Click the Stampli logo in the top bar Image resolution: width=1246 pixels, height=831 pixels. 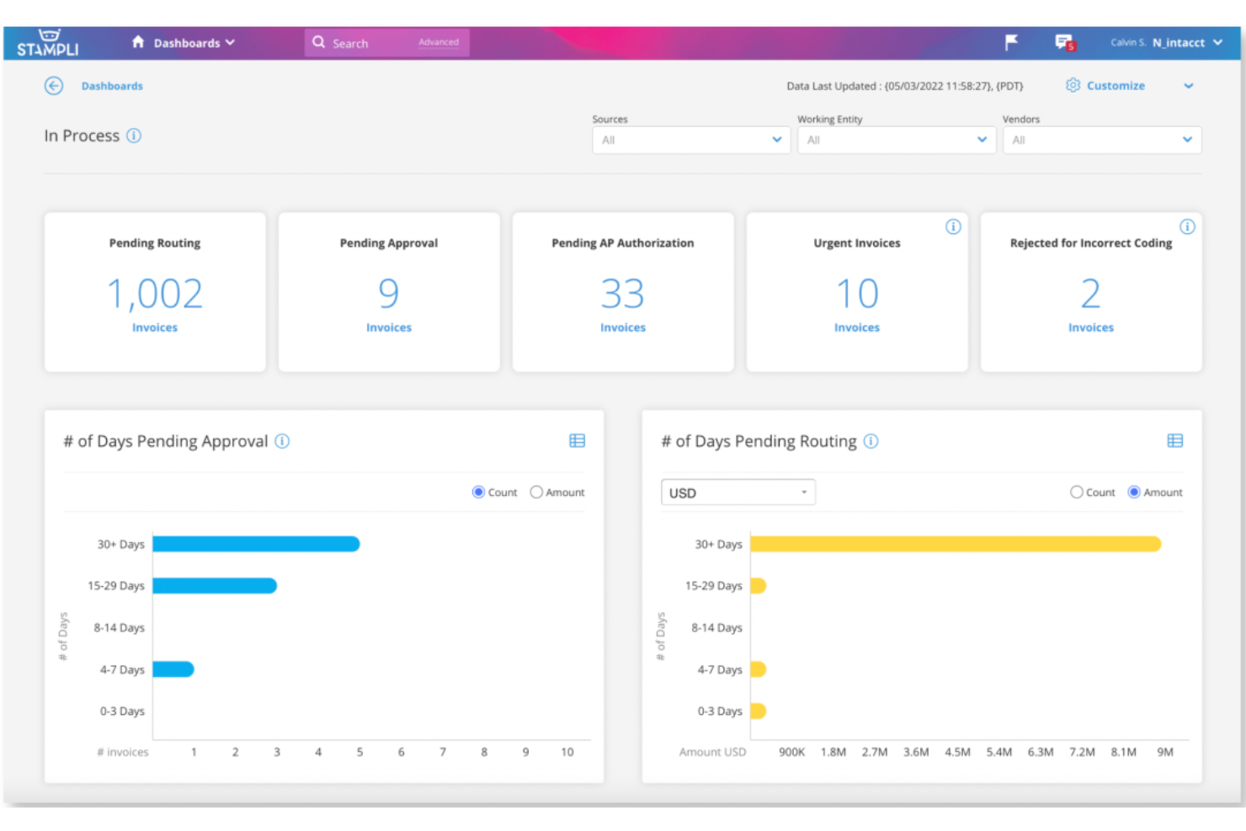point(48,43)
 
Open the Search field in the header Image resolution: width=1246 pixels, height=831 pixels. point(362,43)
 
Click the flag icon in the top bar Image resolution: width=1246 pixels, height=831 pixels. point(1011,42)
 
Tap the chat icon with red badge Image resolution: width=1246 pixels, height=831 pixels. point(1064,42)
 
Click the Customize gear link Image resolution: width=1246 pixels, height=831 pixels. point(1105,86)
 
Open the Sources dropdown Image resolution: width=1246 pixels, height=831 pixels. point(690,140)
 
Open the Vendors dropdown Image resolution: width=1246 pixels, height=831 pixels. point(1101,140)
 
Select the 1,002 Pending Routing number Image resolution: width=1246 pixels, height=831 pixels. point(155,294)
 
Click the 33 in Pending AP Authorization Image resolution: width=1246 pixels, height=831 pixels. point(622,294)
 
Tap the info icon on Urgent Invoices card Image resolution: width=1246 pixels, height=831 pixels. point(953,226)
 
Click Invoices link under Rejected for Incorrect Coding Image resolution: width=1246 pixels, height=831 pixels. point(1090,328)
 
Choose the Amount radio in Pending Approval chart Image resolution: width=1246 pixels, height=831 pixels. point(536,493)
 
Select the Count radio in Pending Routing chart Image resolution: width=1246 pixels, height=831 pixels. point(1076,493)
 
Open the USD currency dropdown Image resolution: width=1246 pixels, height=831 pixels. point(737,493)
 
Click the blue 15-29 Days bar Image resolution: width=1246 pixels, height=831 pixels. point(215,586)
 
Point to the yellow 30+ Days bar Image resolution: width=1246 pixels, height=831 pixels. point(955,544)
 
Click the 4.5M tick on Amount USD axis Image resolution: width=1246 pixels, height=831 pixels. point(957,752)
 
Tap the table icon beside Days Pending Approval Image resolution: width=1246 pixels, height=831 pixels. point(577,441)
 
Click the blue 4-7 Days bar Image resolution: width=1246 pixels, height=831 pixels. point(173,669)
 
